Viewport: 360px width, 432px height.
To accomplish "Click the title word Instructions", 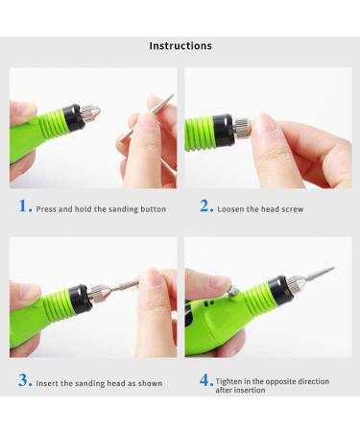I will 180,46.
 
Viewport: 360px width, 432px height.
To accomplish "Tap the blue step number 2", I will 205,206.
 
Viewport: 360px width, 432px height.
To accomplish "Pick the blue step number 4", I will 205,380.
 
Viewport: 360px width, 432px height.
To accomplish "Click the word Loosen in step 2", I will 232,208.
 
